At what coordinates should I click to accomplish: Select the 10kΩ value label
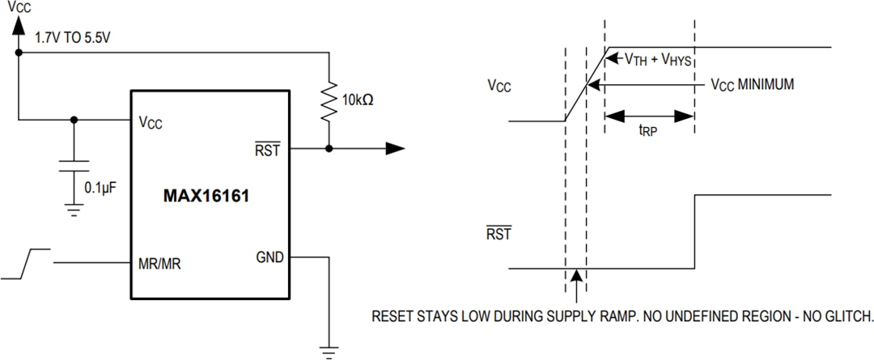[358, 102]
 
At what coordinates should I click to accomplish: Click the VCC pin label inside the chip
[151, 122]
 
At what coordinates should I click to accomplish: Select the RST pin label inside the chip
[267, 150]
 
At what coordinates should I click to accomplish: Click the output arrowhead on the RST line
[394, 148]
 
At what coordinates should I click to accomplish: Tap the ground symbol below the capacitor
[74, 211]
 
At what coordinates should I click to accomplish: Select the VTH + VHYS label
[657, 59]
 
